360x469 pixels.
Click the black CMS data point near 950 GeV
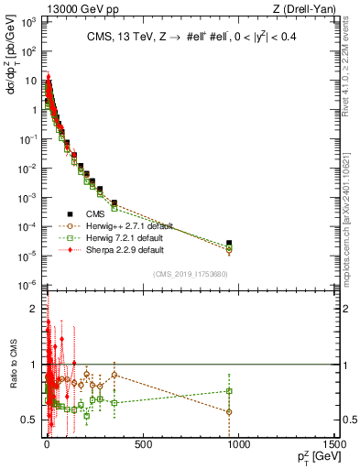coord(229,243)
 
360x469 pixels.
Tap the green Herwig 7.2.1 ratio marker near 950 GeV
coord(229,391)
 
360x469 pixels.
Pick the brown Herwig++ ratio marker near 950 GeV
coord(229,411)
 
